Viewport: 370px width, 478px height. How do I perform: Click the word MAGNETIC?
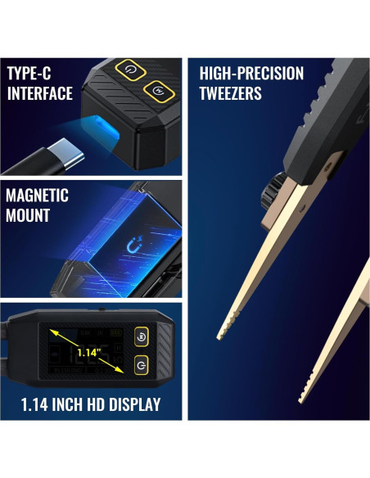coord(37,196)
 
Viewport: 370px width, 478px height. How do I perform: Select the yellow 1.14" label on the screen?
coord(88,353)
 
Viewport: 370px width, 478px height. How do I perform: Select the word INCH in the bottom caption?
coord(68,404)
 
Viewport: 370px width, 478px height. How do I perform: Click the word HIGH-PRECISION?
coord(251,74)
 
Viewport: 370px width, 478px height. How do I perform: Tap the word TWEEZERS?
coord(231,92)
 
